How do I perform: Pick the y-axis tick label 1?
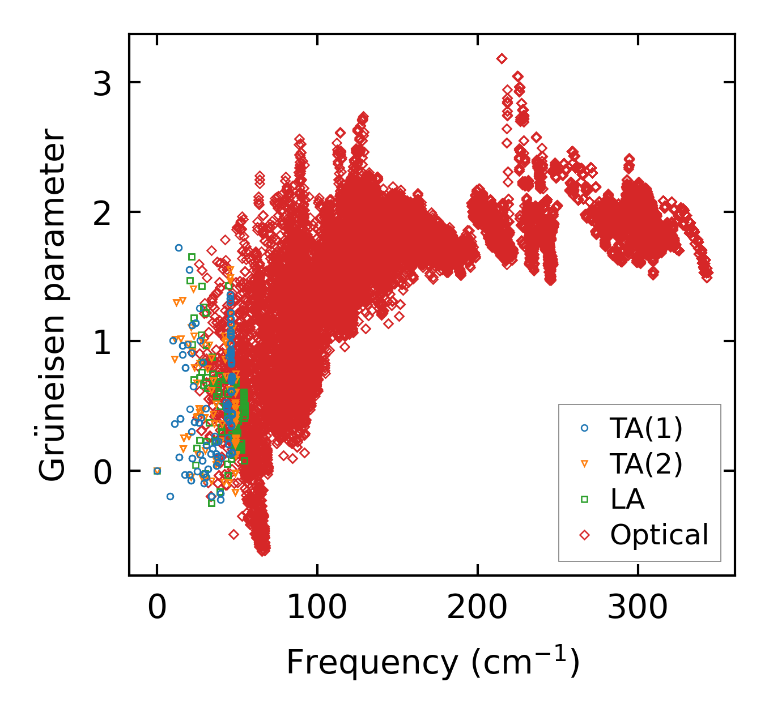(103, 342)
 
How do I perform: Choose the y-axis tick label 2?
(103, 212)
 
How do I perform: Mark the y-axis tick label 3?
(103, 83)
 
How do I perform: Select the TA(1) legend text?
(646, 428)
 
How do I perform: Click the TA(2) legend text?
(646, 464)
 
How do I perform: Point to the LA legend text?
(627, 499)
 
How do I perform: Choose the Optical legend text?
(659, 535)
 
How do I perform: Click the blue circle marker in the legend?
(585, 429)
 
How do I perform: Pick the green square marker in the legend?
(585, 500)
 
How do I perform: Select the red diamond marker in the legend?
(585, 535)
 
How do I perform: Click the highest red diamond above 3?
(502, 58)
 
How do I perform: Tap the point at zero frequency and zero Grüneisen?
(157, 471)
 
